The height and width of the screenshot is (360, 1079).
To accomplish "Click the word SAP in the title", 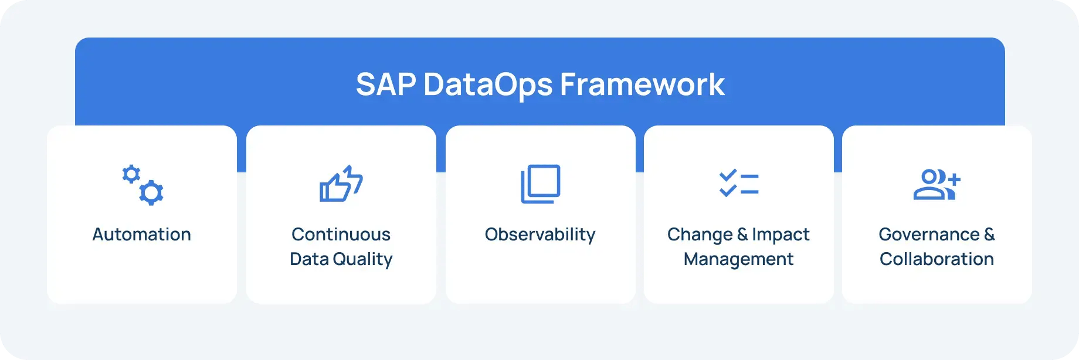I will [385, 84].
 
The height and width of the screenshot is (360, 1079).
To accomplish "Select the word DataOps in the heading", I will [488, 84].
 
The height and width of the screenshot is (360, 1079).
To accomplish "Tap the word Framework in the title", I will [642, 84].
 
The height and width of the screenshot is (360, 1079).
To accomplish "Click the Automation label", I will [141, 235].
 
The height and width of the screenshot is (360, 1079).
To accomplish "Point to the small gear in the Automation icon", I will [131, 174].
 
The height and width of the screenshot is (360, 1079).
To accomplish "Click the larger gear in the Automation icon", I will [151, 192].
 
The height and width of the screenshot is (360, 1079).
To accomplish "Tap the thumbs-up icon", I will [341, 184].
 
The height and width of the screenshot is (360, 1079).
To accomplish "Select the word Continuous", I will [341, 235].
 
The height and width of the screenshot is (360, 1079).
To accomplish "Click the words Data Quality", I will [341, 259].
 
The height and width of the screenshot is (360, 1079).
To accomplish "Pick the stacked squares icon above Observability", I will [540, 184].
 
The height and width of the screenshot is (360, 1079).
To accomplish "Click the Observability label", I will [540, 235].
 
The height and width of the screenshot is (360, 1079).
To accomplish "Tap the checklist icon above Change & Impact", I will [739, 183].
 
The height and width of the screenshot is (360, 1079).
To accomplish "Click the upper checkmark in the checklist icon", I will [728, 175].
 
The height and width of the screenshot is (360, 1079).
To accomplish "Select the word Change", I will [700, 235].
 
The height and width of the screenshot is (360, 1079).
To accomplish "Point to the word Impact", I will [781, 235].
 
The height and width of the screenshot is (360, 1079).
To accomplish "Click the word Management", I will [738, 259].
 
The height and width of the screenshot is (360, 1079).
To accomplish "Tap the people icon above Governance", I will [937, 184].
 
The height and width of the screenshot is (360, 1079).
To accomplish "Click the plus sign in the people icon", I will [954, 179].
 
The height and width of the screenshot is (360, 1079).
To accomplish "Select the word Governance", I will [929, 235].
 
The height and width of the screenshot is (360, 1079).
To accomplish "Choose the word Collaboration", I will [937, 259].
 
